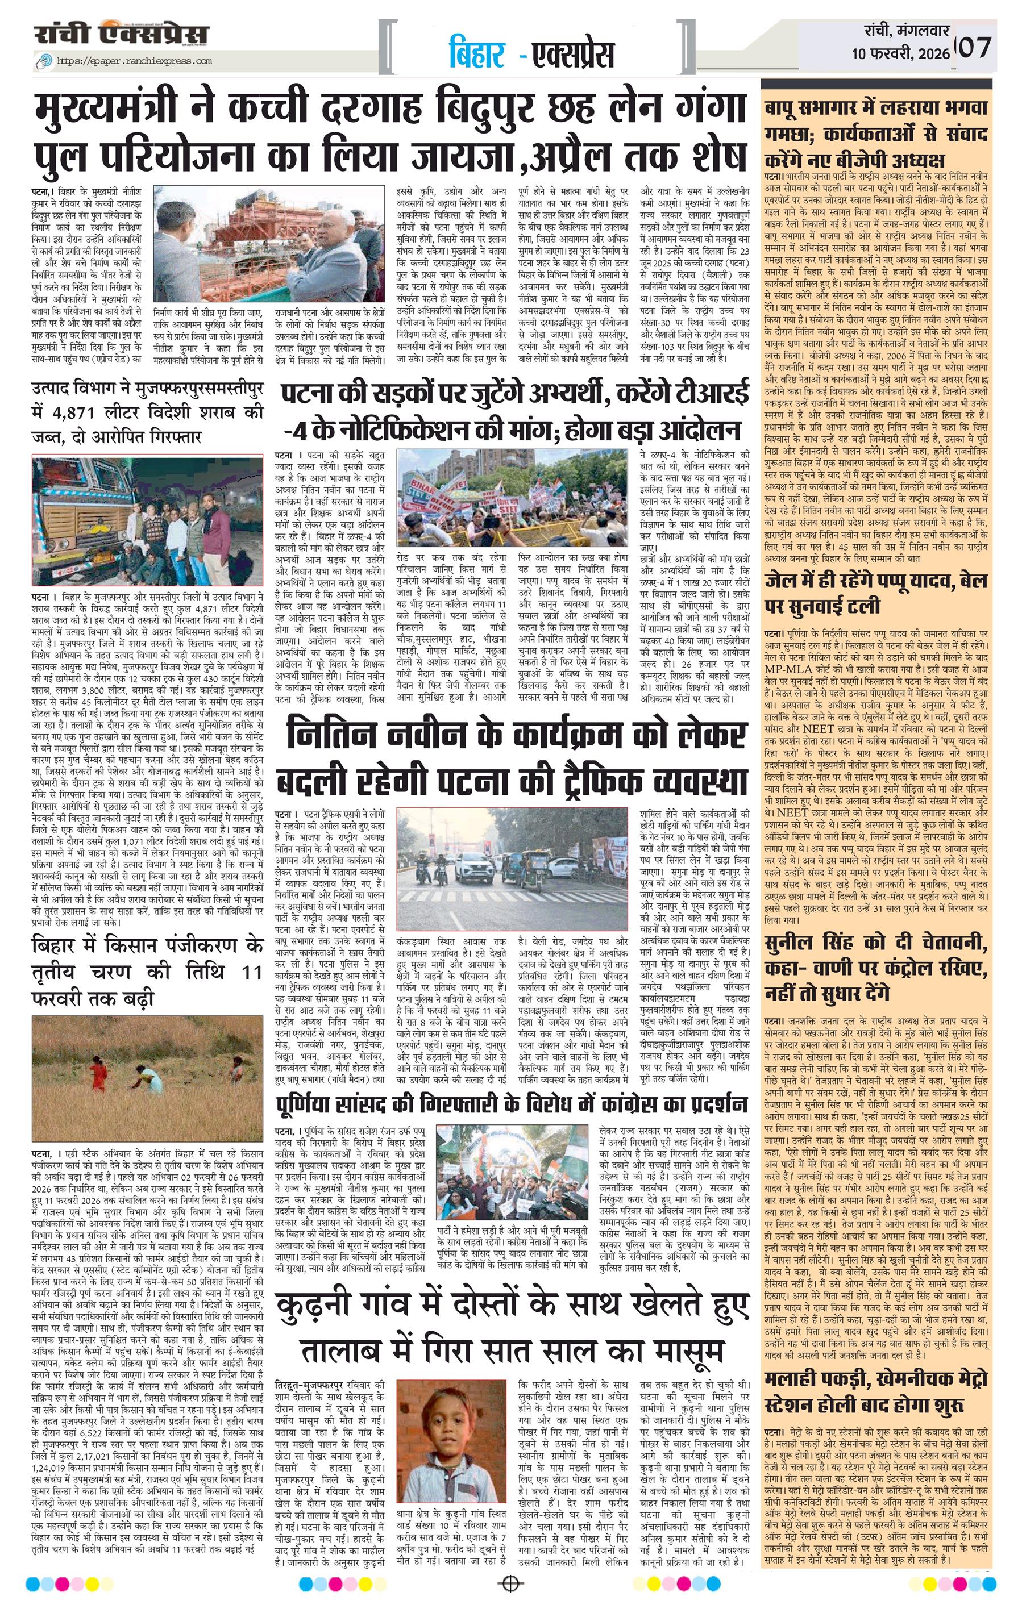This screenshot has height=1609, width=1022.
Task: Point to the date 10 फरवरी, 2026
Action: (x=900, y=55)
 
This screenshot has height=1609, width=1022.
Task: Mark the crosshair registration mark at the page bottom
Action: (x=510, y=1597)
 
